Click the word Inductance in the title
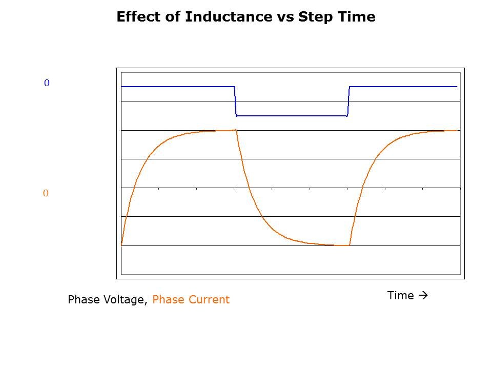(x=221, y=17)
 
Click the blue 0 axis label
(x=47, y=83)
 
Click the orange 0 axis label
(x=45, y=194)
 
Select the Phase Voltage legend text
(x=107, y=300)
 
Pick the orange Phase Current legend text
(x=191, y=300)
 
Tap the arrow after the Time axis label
(x=423, y=296)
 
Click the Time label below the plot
(x=400, y=296)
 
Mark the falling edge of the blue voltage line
(x=235, y=101)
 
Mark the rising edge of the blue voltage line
(x=348, y=101)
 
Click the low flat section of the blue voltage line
(x=292, y=116)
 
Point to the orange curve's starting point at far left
(x=121, y=245)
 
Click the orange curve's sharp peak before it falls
(x=236, y=130)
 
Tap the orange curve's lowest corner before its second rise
(x=350, y=245)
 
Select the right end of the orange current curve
(x=457, y=131)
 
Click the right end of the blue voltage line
(x=457, y=87)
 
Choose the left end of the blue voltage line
(x=122, y=87)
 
